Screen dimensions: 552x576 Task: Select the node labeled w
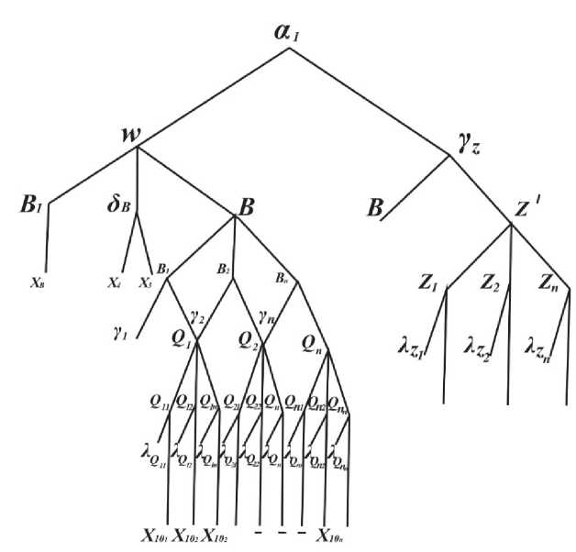tap(131, 135)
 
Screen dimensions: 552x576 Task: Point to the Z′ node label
tap(526, 210)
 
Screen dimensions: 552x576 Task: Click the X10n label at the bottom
tap(338, 535)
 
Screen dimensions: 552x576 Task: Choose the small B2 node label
tap(224, 270)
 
